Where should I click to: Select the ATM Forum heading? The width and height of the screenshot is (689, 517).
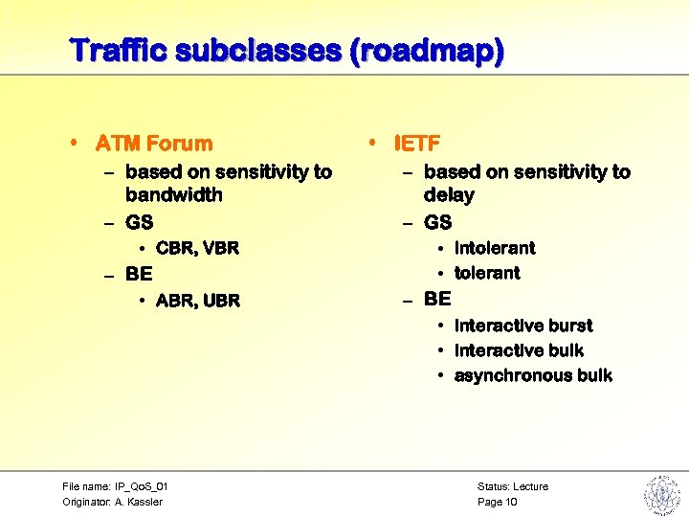[x=154, y=144]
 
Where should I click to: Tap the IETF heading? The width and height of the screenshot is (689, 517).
[x=417, y=144]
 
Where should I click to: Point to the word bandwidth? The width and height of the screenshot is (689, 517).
[x=173, y=195]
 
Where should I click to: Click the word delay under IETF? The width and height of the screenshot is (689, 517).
[x=449, y=195]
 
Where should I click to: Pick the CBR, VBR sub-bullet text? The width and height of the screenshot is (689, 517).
[x=197, y=248]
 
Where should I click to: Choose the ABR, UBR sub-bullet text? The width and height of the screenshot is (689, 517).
[x=197, y=301]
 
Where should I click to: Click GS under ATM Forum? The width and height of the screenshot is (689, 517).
[x=139, y=222]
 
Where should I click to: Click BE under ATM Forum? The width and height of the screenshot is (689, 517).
[x=139, y=274]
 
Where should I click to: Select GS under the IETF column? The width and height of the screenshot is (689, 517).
[x=437, y=222]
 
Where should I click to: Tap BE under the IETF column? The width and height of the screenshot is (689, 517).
[x=437, y=299]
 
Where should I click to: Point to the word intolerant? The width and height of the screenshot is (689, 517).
[x=495, y=248]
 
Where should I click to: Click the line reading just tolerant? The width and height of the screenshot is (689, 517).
[x=487, y=273]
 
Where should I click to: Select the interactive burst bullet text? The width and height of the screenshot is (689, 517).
[x=523, y=326]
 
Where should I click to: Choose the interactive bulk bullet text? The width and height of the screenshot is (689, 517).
[x=519, y=350]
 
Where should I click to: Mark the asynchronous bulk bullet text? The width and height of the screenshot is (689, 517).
[x=533, y=375]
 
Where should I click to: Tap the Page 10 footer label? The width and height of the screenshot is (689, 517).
[x=498, y=502]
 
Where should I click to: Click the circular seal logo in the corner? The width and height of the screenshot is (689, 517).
[x=661, y=495]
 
